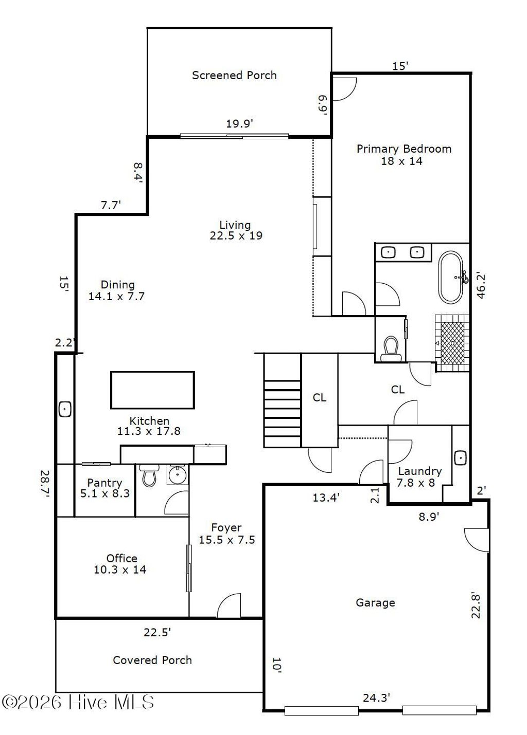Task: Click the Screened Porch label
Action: [234, 75]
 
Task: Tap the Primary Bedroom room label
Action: [403, 155]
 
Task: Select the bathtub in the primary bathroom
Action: [452, 278]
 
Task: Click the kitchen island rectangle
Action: [152, 390]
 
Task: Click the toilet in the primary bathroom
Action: [391, 348]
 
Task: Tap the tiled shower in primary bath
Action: [452, 342]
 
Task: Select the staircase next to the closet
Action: [282, 401]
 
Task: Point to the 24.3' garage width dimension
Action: [376, 697]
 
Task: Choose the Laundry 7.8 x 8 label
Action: [419, 477]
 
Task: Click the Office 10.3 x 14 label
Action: [121, 564]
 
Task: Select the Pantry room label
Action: [104, 488]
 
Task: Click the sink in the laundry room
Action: [461, 457]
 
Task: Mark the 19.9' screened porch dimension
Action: [239, 123]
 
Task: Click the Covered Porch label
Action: [152, 660]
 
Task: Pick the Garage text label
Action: [375, 602]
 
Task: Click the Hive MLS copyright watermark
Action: [78, 702]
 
